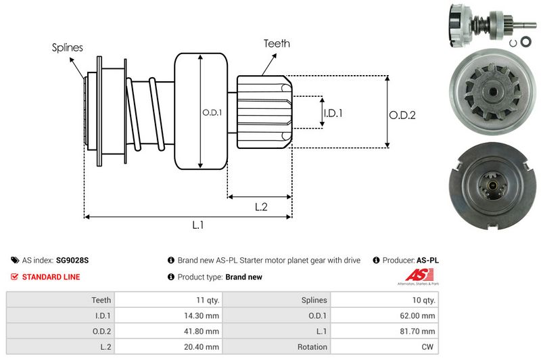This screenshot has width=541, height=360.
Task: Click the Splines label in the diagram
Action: pos(68,47)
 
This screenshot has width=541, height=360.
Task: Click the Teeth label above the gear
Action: pos(277,43)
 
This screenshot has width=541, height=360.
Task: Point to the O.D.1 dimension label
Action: pos(212,113)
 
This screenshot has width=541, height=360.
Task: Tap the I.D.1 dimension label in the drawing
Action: pos(333,113)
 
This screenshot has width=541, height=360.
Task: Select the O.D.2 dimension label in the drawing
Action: pos(402,115)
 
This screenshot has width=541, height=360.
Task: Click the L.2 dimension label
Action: pos(262,207)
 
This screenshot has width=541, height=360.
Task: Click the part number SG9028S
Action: pos(72,260)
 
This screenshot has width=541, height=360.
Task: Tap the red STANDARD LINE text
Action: pos(51,277)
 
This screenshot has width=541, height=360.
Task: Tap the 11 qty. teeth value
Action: pos(206,300)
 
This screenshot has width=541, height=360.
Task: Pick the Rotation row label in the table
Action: pos(312,347)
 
